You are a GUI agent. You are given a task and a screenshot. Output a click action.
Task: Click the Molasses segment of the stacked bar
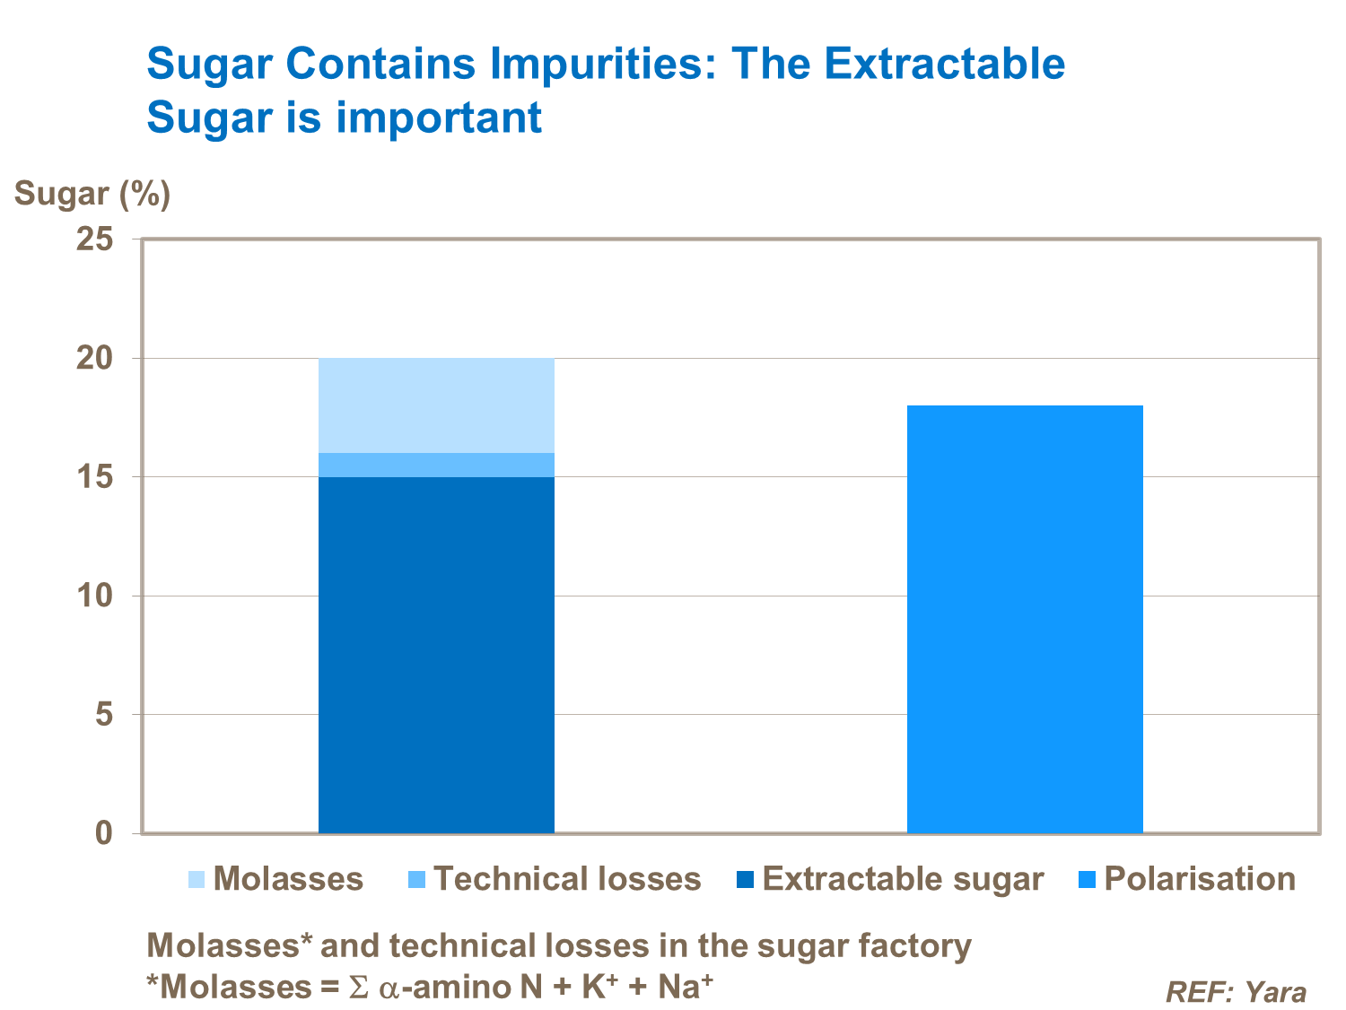pyautogui.click(x=436, y=405)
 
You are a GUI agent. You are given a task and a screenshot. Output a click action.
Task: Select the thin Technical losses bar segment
pyautogui.click(x=436, y=465)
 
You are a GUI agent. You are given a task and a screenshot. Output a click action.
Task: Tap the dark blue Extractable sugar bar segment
pyautogui.click(x=436, y=655)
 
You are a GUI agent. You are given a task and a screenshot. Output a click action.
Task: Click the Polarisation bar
pyautogui.click(x=1025, y=619)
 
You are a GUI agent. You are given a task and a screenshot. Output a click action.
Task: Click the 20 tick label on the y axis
pyautogui.click(x=95, y=358)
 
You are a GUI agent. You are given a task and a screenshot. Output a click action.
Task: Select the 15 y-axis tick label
pyautogui.click(x=95, y=477)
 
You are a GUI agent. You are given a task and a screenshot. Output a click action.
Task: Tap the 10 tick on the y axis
pyautogui.click(x=95, y=596)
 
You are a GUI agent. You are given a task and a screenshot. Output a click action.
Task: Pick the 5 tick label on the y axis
pyautogui.click(x=105, y=715)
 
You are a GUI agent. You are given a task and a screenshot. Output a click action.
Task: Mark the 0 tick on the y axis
pyautogui.click(x=105, y=833)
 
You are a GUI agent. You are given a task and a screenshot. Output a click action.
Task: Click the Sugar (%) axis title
pyautogui.click(x=92, y=194)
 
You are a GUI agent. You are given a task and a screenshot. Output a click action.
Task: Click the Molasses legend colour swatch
pyautogui.click(x=197, y=880)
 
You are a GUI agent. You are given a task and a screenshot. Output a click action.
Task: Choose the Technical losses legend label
pyautogui.click(x=567, y=879)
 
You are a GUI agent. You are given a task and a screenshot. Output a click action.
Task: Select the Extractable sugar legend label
pyautogui.click(x=903, y=879)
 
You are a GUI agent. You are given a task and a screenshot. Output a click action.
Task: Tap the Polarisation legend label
pyautogui.click(x=1200, y=879)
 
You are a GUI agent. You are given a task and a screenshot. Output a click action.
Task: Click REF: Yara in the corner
pyautogui.click(x=1236, y=992)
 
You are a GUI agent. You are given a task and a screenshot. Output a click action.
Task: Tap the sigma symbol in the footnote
pyautogui.click(x=358, y=988)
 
